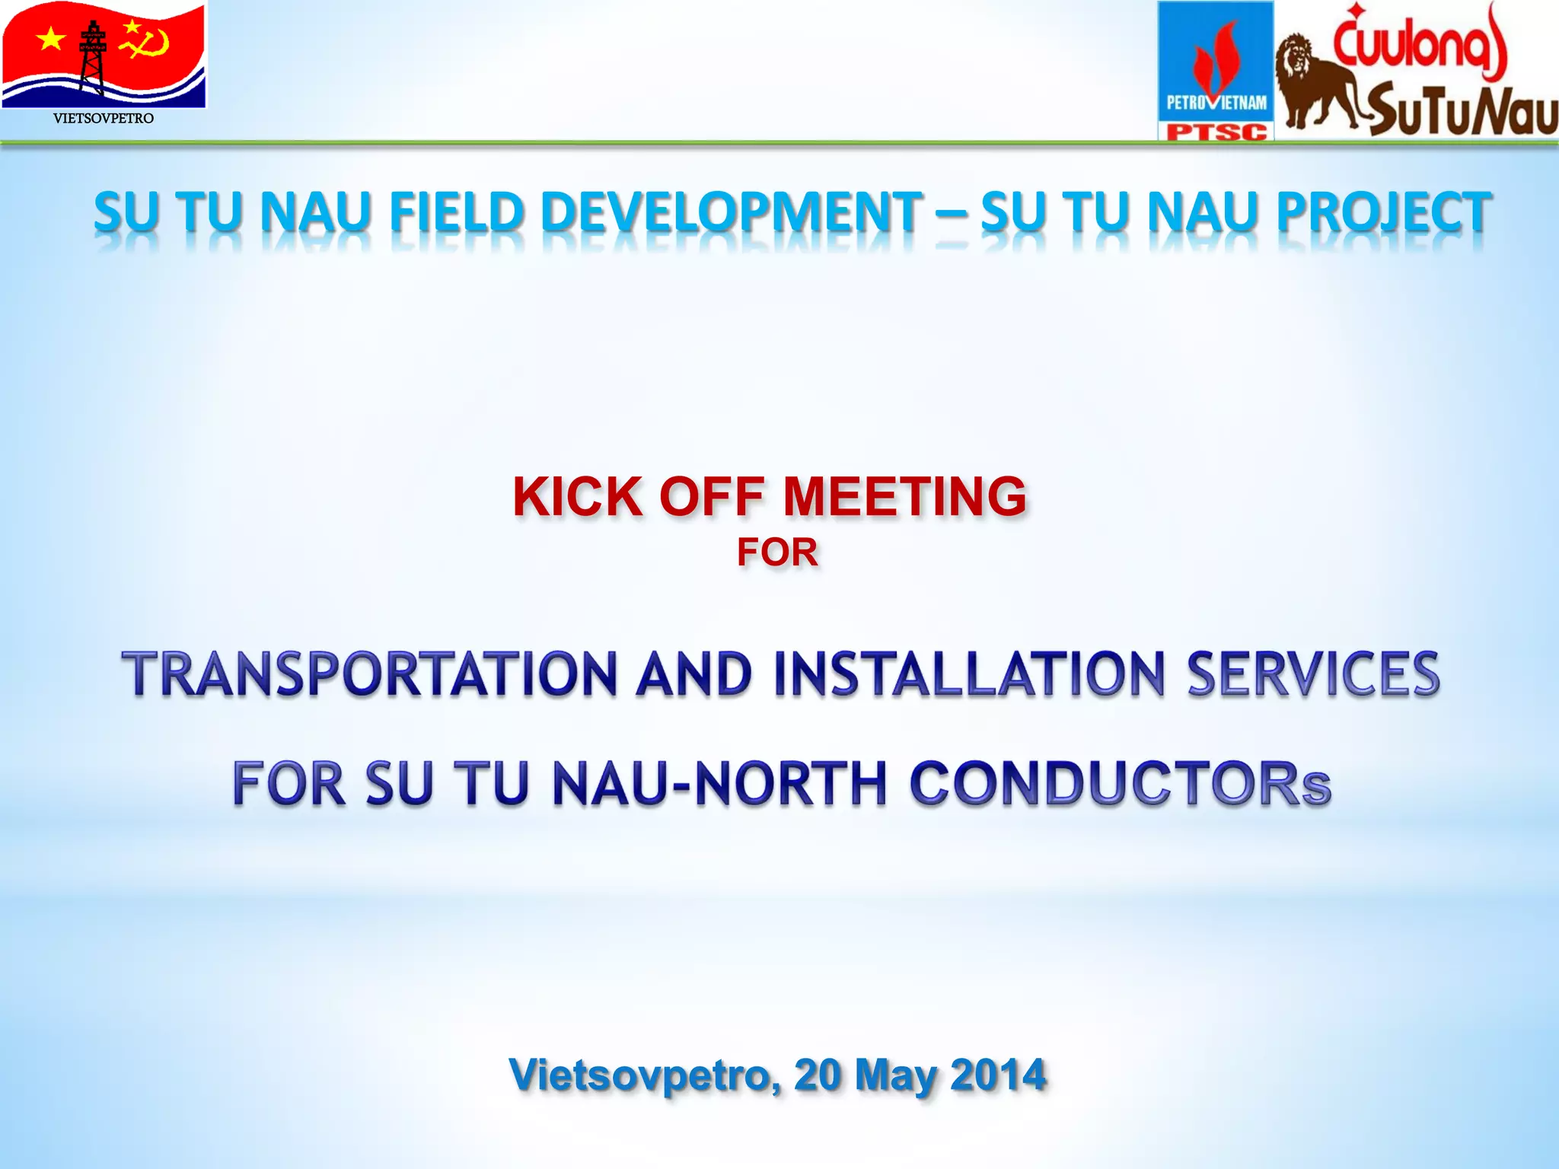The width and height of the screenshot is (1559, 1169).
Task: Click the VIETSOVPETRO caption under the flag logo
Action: click(x=104, y=118)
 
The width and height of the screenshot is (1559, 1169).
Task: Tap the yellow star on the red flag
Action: click(x=51, y=37)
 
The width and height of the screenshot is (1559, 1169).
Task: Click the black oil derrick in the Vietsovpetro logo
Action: click(x=93, y=57)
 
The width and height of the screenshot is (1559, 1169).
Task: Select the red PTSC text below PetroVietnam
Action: click(x=1216, y=132)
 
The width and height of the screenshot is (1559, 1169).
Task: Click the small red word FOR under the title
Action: click(x=777, y=553)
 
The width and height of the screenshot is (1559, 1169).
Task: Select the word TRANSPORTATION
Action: click(x=368, y=674)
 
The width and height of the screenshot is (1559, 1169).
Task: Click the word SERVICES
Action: click(x=1312, y=674)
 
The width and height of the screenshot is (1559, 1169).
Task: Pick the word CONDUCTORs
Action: click(x=1119, y=784)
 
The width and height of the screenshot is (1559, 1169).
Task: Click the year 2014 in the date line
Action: click(x=998, y=1075)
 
